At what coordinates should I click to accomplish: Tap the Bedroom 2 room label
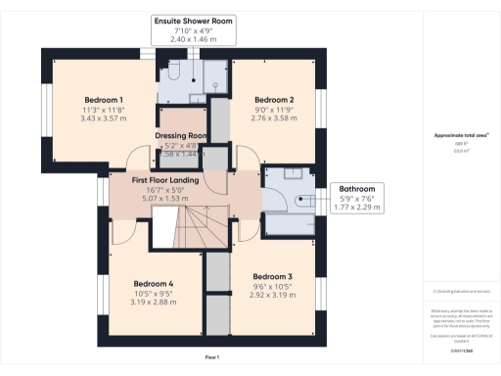point(274,100)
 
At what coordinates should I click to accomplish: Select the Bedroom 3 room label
point(272,275)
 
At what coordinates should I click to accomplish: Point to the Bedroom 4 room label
point(154,284)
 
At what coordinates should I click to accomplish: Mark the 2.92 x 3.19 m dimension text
point(272,295)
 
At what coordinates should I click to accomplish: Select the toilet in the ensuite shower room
point(169,73)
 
